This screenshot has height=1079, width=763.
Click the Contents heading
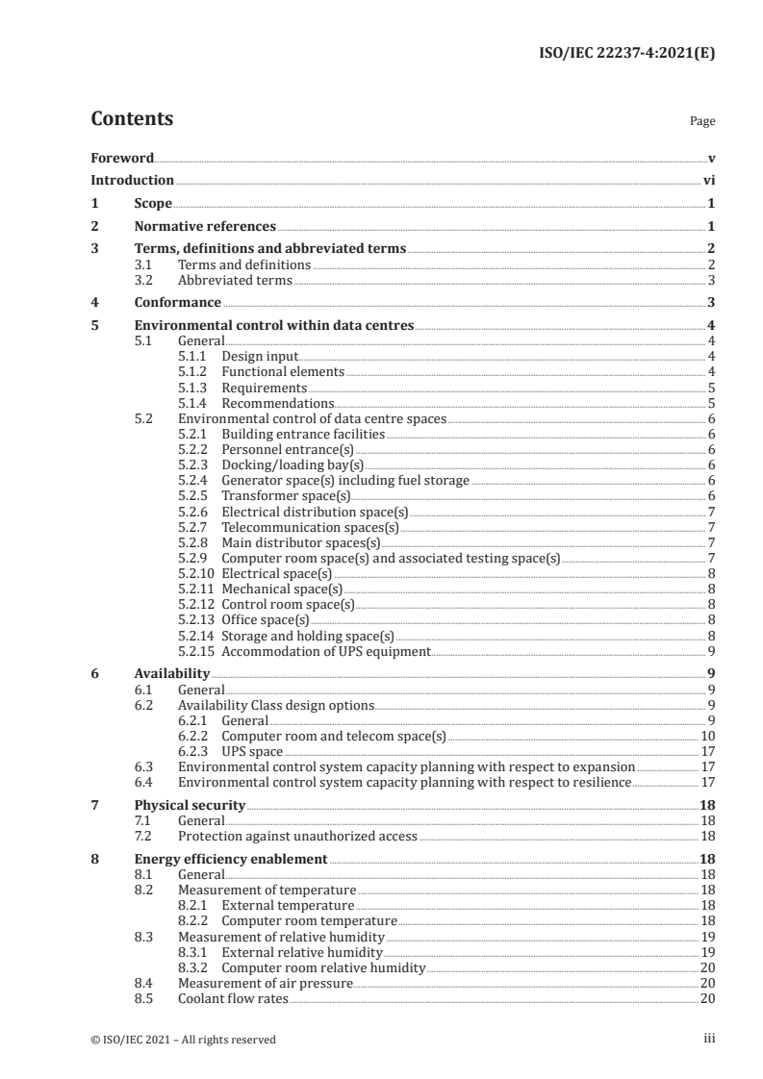pyautogui.click(x=132, y=120)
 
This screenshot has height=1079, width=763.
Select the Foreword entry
pyautogui.click(x=122, y=158)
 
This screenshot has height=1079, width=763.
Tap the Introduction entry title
pyautogui.click(x=132, y=180)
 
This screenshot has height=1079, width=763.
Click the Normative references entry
pyautogui.click(x=205, y=227)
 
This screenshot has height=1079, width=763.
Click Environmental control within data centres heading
pyautogui.click(x=274, y=326)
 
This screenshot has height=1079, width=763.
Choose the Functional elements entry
pyautogui.click(x=282, y=371)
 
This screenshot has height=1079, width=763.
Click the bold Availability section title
pyautogui.click(x=171, y=674)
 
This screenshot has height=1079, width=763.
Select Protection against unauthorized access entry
pyautogui.click(x=298, y=837)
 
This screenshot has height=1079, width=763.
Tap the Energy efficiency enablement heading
pyautogui.click(x=231, y=859)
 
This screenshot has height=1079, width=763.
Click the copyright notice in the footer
pyautogui.click(x=183, y=1040)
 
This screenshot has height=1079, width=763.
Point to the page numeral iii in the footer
pyautogui.click(x=708, y=1039)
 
